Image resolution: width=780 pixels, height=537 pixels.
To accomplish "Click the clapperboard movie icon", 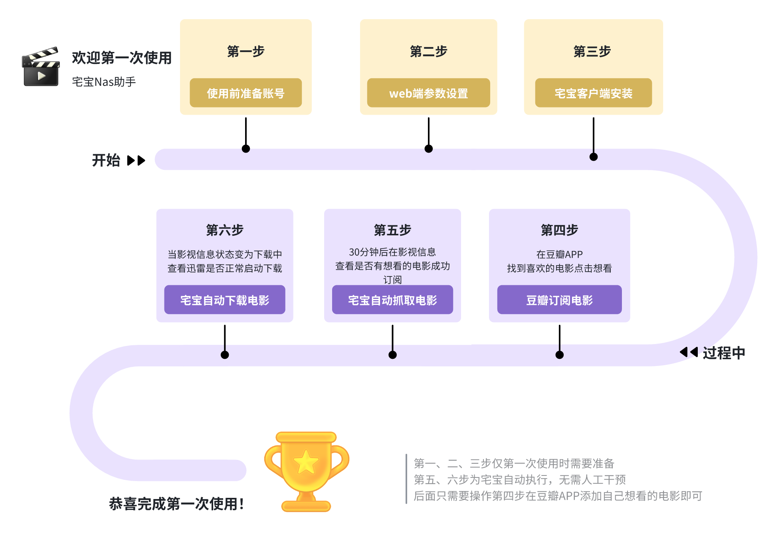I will pos(41,67).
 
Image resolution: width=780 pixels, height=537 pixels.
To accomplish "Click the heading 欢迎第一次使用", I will pos(122,58).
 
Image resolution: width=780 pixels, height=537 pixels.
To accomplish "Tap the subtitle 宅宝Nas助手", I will pos(104,82).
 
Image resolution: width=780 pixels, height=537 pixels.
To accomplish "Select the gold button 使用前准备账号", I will pos(245,93).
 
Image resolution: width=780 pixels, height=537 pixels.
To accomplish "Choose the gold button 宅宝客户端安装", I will pos(593,93).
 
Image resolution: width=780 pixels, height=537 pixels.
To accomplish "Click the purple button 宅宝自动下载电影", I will pos(225,300).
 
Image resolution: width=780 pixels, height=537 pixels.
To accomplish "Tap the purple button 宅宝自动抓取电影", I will pos(392,300).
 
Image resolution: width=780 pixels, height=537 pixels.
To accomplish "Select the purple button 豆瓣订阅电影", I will pos(559,300).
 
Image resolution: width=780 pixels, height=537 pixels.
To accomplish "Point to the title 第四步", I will pos(559,230).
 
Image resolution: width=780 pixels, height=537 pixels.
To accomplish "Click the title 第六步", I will pos(225,230).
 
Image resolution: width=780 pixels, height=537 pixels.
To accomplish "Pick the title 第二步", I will pos(428,52).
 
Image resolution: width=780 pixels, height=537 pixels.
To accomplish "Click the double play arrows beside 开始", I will pos(136,161).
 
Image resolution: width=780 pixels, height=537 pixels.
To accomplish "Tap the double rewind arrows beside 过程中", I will pos(689,352).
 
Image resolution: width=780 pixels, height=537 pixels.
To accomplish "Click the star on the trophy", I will pos(306,462).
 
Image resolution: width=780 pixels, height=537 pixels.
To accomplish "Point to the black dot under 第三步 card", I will pos(594,157).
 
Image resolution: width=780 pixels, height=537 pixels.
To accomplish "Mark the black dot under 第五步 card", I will pos(392,355).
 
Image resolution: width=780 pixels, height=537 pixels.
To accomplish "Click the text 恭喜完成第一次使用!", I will pos(176,504).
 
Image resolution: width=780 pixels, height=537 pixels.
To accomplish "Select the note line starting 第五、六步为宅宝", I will pos(519,479).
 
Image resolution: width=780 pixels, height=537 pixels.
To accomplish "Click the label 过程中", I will pos(724,353).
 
